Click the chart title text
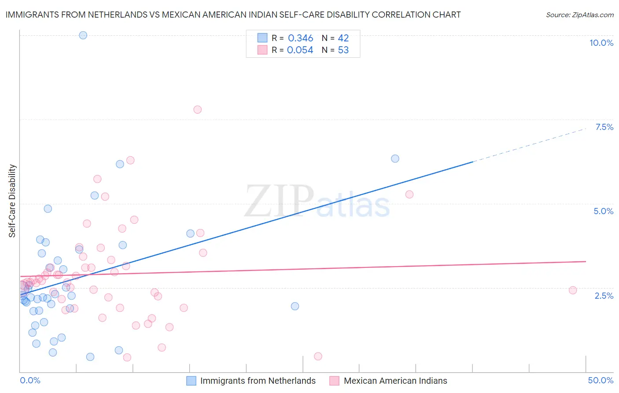(x=233, y=15)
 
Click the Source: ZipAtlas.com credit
(x=579, y=15)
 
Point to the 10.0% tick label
(x=601, y=43)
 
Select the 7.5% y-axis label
(x=604, y=127)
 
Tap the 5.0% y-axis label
(x=603, y=211)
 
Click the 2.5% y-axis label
(x=604, y=296)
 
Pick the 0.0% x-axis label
(x=30, y=380)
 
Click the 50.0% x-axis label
(x=601, y=380)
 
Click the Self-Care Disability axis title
(x=12, y=201)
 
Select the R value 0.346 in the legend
(x=300, y=38)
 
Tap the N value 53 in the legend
(x=343, y=50)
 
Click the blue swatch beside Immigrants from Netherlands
(x=191, y=381)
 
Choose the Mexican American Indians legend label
(x=395, y=381)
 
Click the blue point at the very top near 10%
(x=83, y=35)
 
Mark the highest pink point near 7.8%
(x=197, y=110)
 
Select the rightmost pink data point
(x=573, y=290)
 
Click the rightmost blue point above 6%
(x=395, y=159)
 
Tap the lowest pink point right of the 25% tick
(x=318, y=356)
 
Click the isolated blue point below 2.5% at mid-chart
(x=295, y=306)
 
